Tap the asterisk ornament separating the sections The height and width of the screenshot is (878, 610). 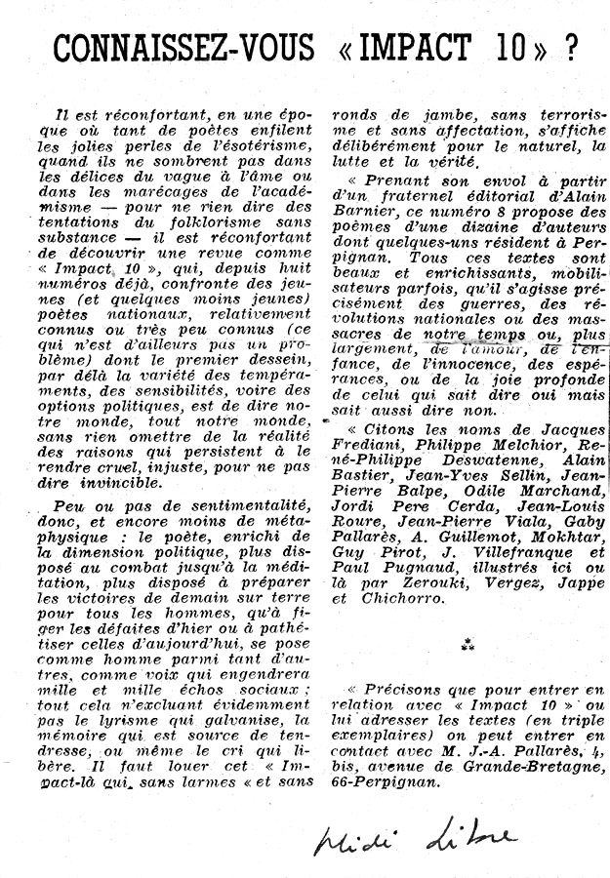click(467, 645)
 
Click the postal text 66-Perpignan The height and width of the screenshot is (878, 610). click(390, 781)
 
